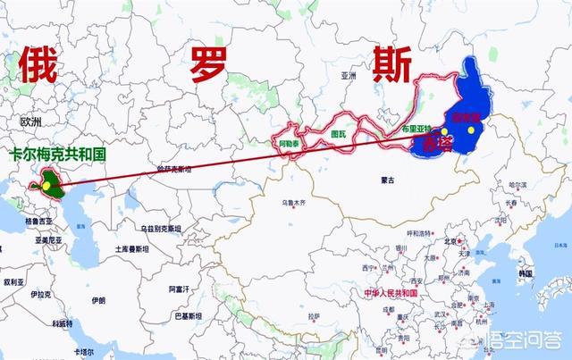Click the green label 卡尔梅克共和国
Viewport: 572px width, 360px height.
tap(58, 155)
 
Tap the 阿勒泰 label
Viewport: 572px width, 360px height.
tap(290, 142)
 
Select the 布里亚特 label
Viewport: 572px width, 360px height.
tap(416, 129)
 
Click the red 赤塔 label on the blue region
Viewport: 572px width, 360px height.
tap(436, 143)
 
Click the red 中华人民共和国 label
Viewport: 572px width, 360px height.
tap(385, 293)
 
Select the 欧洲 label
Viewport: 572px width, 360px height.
tap(31, 121)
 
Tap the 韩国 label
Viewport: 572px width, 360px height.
tap(525, 271)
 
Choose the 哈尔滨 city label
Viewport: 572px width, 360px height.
tap(517, 184)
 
